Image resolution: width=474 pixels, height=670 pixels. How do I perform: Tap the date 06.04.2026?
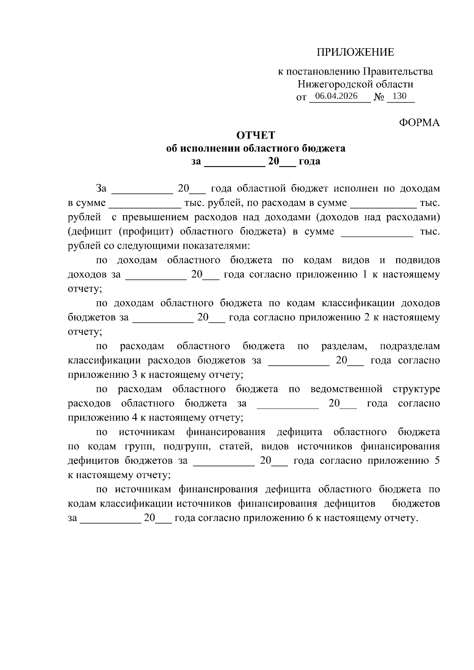tap(336, 96)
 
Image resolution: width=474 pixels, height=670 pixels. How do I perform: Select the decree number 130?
tap(400, 96)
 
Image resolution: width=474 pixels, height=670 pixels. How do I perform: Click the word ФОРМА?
tap(419, 123)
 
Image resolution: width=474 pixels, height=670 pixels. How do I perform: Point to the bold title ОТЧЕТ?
tap(256, 135)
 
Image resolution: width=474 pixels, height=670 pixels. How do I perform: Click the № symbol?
tap(378, 97)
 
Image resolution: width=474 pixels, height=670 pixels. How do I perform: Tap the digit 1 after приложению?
tap(365, 274)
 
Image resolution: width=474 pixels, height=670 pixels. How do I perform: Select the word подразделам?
tap(410, 346)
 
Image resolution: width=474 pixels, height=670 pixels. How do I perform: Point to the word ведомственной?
tap(346, 389)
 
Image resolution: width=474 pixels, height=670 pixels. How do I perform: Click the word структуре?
tap(416, 389)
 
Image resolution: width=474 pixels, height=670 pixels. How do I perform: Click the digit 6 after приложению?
tap(310, 518)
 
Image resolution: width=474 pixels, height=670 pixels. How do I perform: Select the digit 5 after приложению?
tap(437, 461)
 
